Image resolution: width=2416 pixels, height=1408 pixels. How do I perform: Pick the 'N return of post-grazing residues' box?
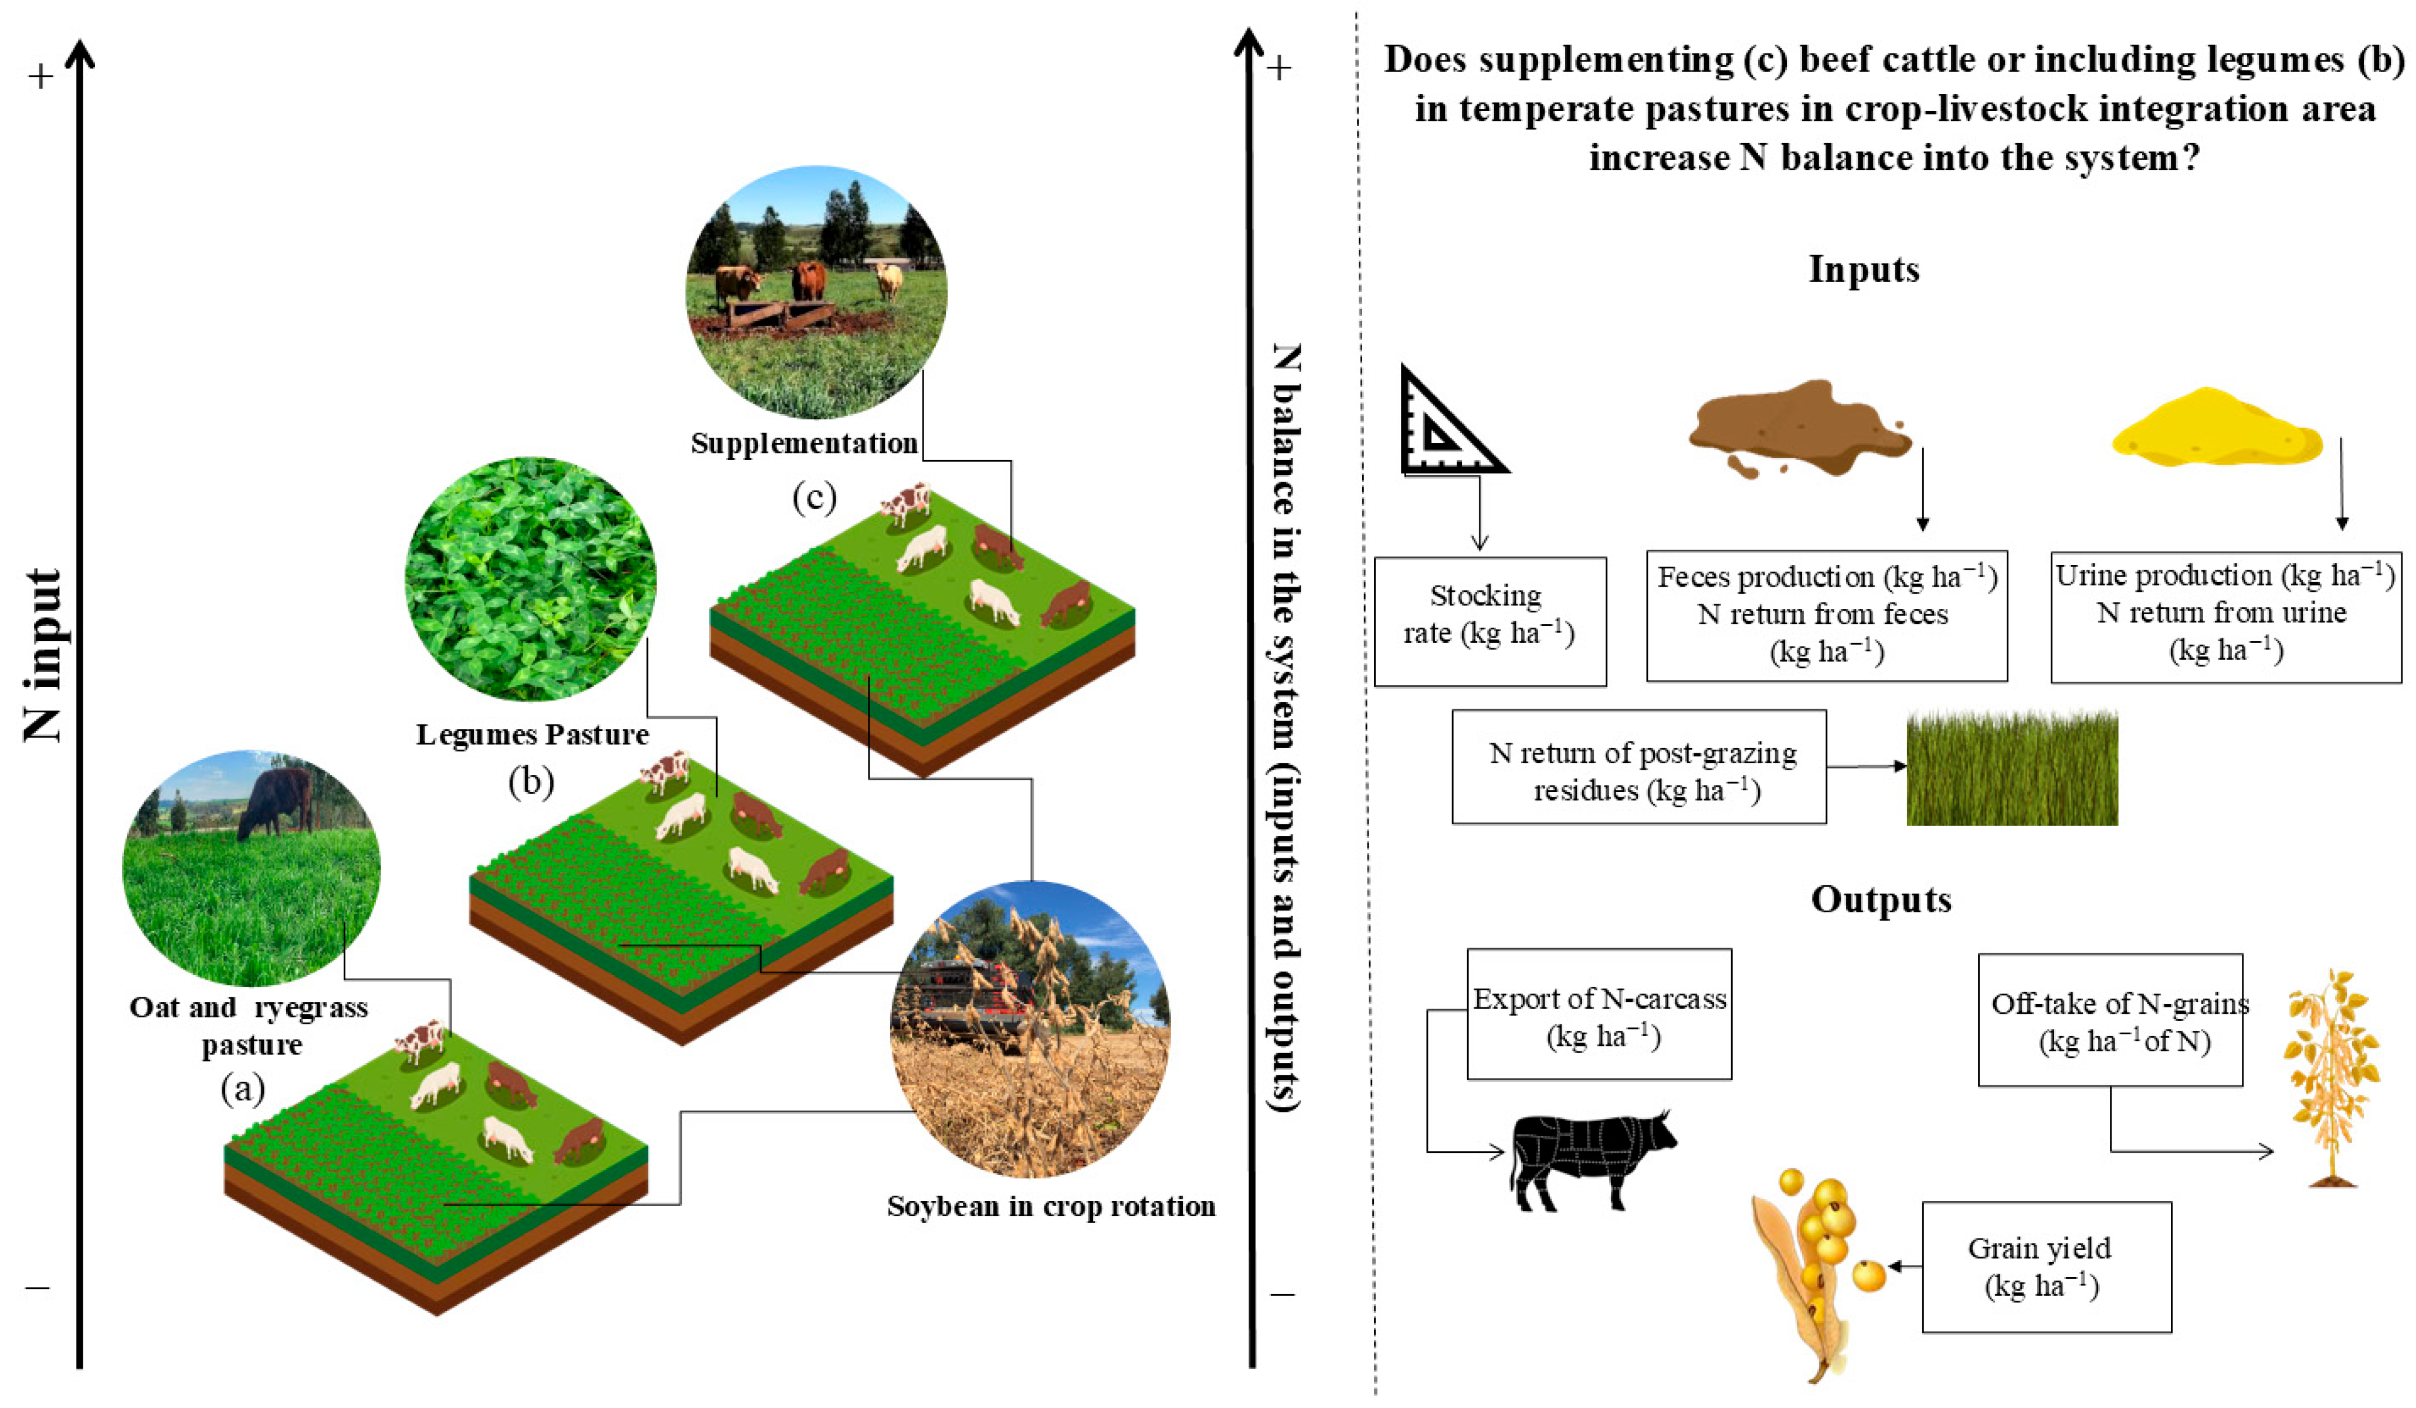pos(1638,766)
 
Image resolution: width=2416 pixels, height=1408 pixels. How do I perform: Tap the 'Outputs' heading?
pos(1880,900)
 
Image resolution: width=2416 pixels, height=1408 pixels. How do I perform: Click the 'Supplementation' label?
pos(803,443)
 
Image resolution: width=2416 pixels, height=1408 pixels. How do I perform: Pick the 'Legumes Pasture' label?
pos(532,735)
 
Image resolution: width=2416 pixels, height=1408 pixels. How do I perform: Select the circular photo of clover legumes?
pos(530,578)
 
